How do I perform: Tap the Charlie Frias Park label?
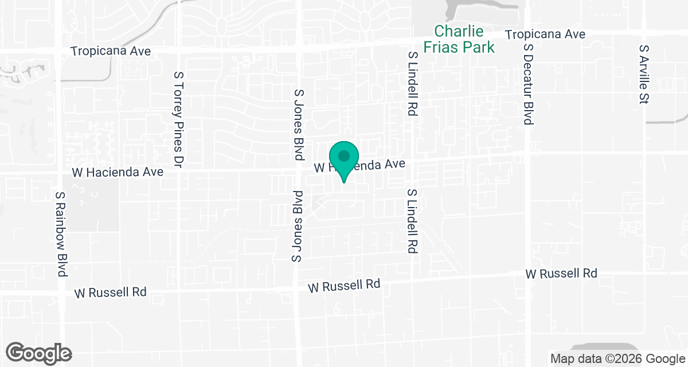click(459, 39)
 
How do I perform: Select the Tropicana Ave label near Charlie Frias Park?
click(545, 34)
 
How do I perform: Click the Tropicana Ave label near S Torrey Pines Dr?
click(111, 51)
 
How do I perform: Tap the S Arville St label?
click(643, 75)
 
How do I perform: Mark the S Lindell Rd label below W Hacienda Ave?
click(411, 221)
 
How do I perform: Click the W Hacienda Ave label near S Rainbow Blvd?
click(118, 172)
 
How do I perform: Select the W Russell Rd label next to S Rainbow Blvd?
click(111, 292)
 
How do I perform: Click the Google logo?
click(38, 352)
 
